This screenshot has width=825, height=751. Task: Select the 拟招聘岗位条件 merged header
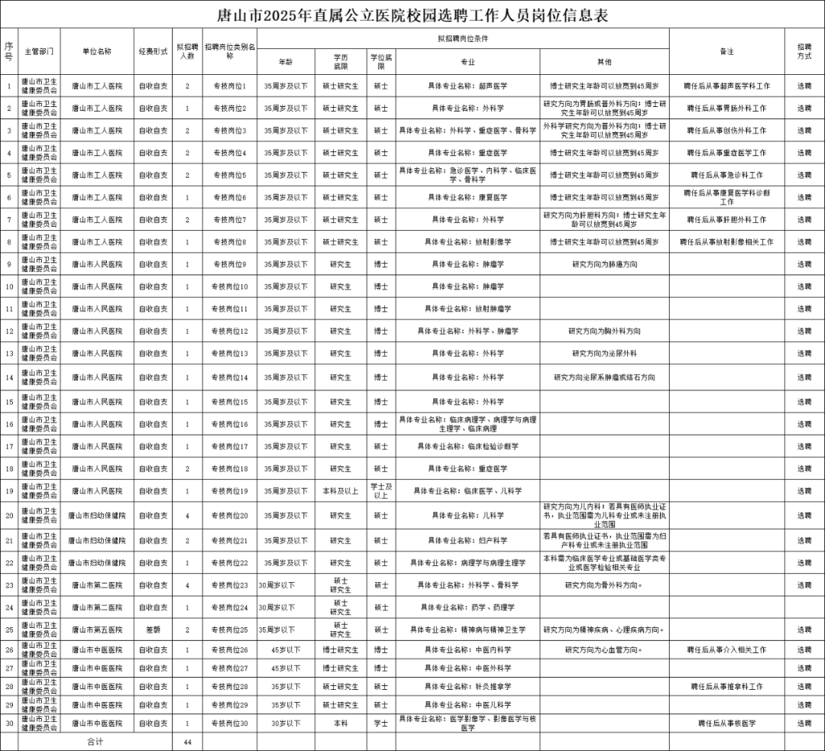pos(463,37)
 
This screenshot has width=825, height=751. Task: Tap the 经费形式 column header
pos(153,51)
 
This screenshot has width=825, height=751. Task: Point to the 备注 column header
pos(726,51)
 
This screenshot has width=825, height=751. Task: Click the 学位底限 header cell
pos(381,61)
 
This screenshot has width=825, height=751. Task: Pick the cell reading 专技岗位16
pos(230,424)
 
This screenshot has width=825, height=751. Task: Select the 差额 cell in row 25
pos(153,630)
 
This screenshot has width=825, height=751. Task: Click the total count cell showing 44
pos(187,741)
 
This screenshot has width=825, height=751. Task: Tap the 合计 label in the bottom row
pos(95,741)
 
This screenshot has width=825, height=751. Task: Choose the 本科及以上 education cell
pos(340,490)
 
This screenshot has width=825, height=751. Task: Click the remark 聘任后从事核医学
pos(726,723)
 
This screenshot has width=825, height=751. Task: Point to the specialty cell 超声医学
pos(467,86)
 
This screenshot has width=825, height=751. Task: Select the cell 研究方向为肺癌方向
pos(604,264)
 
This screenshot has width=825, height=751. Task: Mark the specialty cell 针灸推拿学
pos(467,686)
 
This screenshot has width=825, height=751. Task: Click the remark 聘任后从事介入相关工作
pos(726,649)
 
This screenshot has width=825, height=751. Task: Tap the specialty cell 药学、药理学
pos(467,607)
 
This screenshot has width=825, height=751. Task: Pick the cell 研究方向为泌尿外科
pos(604,354)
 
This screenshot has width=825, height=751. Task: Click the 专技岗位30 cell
pos(230,723)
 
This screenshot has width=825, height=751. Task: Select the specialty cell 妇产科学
pos(467,540)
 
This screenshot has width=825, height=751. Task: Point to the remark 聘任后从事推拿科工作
pos(726,686)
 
